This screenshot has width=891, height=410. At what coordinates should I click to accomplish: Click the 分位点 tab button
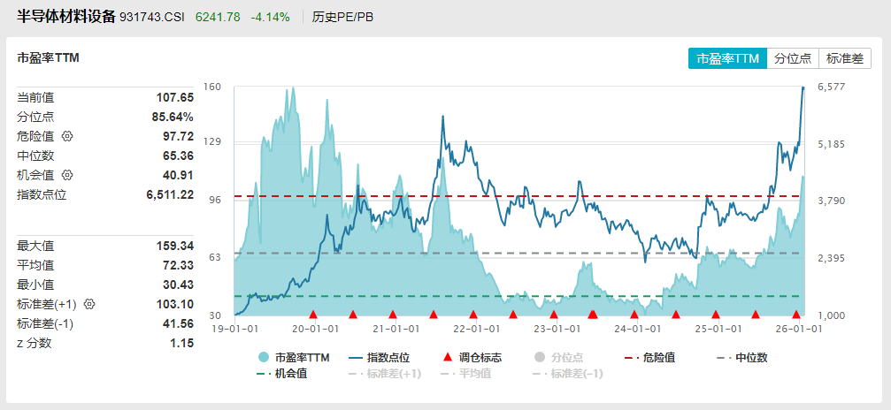tap(792, 58)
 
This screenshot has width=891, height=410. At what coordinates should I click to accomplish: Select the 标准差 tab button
tap(844, 58)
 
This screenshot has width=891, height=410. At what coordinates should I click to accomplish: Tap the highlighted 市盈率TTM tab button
tap(727, 58)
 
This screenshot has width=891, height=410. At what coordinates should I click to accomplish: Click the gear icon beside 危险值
tap(66, 136)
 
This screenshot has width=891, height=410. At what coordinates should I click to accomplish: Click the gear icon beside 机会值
tap(66, 175)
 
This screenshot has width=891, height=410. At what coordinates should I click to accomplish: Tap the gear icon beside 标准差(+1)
tap(88, 304)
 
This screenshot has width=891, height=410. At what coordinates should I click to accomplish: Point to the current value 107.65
tap(175, 97)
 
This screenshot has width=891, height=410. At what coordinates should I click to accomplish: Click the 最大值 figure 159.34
tap(175, 246)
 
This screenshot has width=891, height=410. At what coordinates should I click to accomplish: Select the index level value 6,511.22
tap(170, 194)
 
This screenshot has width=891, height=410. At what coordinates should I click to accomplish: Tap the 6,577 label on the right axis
tap(832, 87)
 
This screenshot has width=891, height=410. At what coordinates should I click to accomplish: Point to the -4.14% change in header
tap(270, 17)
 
